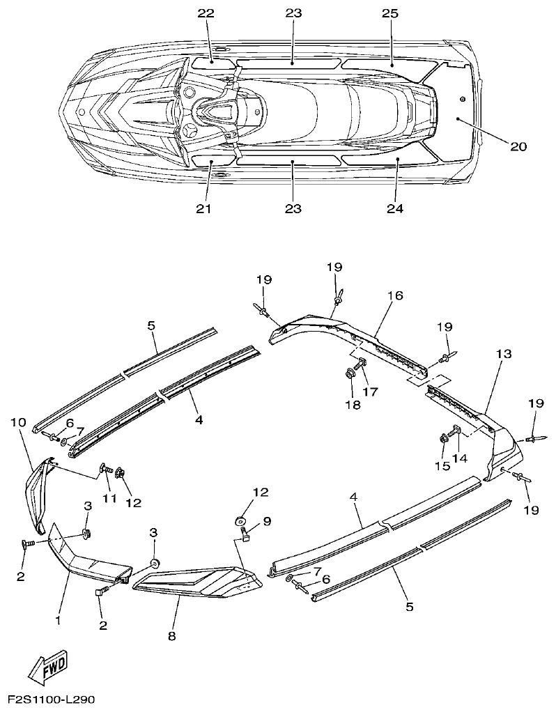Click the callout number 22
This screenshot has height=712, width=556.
tap(206, 14)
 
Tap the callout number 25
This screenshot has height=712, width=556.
tap(389, 14)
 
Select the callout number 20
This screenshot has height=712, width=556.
tap(518, 146)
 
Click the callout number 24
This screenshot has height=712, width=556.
tap(394, 208)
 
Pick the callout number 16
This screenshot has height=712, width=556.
tap(394, 296)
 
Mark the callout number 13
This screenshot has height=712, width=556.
tap(504, 354)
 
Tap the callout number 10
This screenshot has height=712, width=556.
tap(19, 422)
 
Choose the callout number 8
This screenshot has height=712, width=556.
tap(172, 635)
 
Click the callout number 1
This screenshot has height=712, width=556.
tap(59, 619)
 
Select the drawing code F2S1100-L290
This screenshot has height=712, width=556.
tap(51, 698)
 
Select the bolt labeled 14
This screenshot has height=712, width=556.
tap(457, 433)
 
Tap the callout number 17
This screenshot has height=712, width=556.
tap(369, 392)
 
